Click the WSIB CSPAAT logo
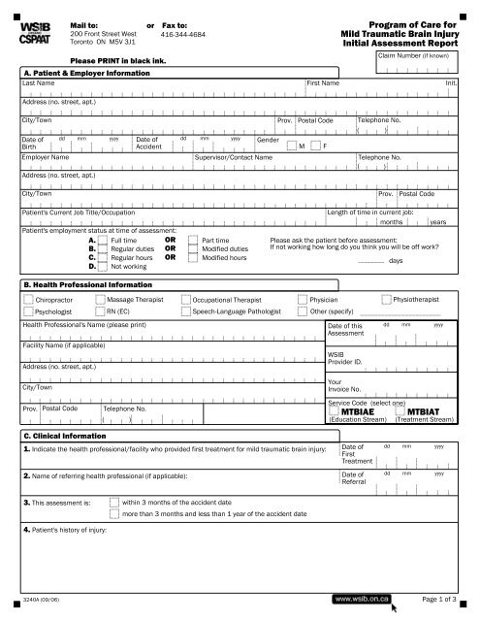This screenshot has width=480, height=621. point(35,30)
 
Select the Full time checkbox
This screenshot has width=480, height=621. point(106,239)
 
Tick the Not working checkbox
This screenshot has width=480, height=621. point(106,265)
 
